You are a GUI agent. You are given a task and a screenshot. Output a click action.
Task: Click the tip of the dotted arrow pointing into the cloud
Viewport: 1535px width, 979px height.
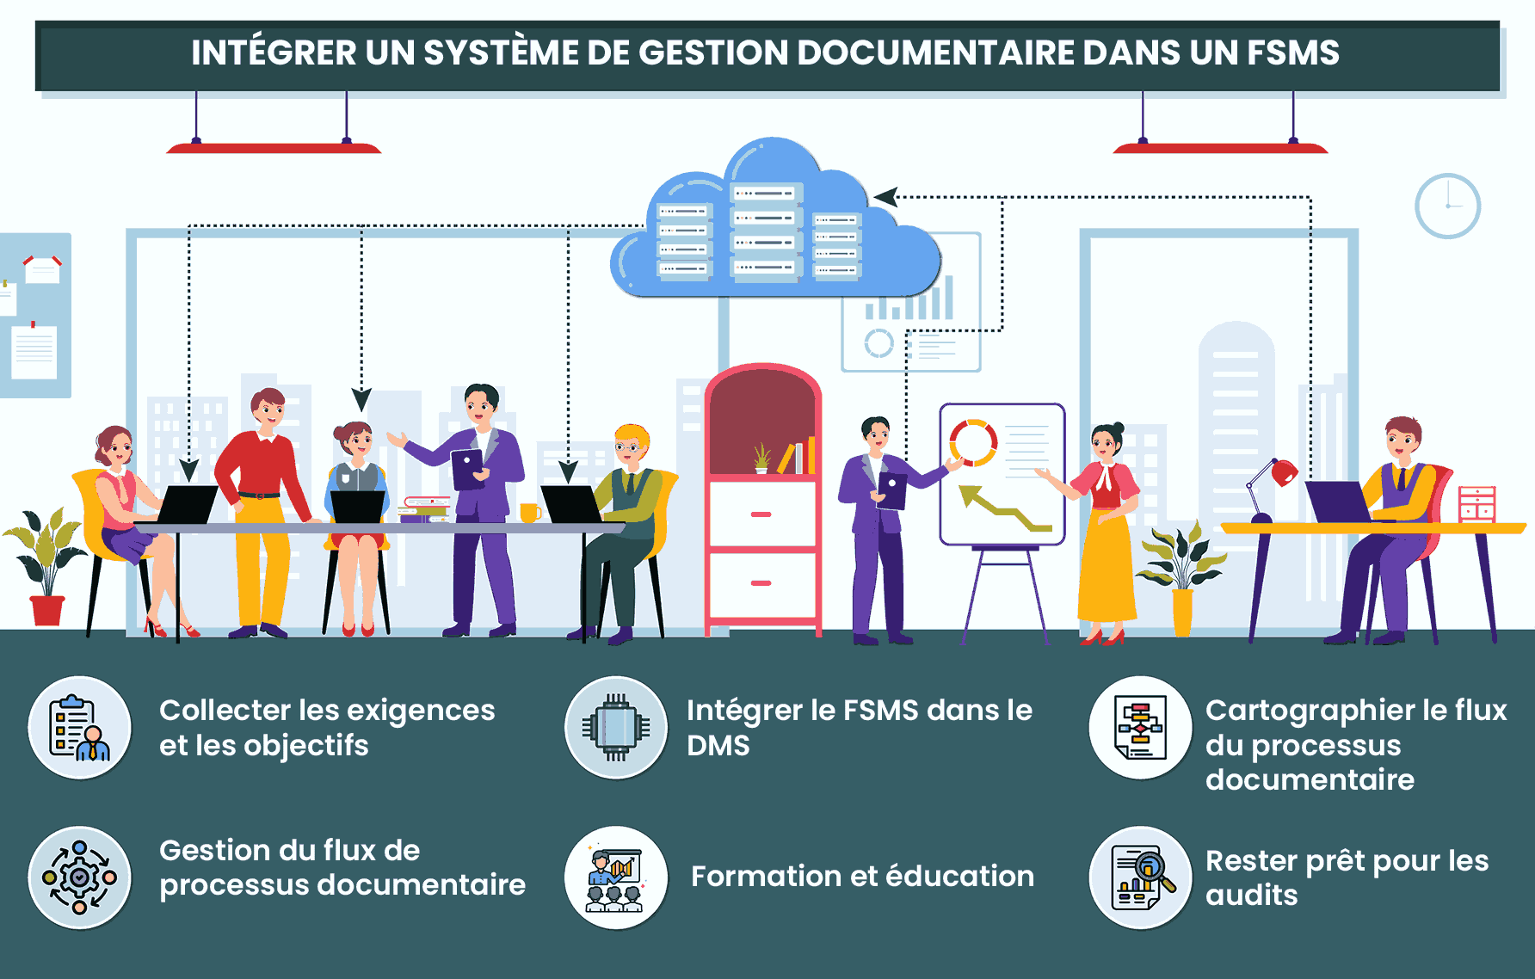pos(874,197)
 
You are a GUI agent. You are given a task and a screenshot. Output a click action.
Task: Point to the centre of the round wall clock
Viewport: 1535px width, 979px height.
pos(1447,206)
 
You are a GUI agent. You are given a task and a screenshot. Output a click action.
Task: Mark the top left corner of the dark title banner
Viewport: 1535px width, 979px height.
pos(36,22)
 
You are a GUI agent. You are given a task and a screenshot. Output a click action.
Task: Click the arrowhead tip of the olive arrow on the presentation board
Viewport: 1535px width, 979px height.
pos(960,488)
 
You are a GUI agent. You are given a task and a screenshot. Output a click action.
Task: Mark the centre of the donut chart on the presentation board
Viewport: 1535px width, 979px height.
pos(973,442)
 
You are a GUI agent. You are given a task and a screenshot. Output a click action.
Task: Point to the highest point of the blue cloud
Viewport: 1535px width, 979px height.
pos(772,138)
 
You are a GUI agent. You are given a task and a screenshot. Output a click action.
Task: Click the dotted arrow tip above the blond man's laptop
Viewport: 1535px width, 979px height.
pos(568,483)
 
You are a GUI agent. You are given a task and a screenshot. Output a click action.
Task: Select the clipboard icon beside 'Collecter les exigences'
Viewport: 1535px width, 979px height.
pos(79,728)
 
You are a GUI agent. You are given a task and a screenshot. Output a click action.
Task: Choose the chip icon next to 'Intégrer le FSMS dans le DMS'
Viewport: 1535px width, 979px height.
pos(616,728)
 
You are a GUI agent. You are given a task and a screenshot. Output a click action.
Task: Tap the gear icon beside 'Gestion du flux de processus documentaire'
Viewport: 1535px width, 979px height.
pos(79,877)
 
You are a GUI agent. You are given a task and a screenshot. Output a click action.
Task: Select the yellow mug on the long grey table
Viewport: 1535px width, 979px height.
pos(530,513)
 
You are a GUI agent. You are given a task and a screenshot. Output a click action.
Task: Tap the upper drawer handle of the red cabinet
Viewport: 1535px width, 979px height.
pos(761,514)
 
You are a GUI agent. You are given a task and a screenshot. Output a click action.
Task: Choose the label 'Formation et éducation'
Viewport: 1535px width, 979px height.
pos(862,876)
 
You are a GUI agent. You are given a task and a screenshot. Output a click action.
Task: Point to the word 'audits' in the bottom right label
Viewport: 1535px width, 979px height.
pos(1251,896)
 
